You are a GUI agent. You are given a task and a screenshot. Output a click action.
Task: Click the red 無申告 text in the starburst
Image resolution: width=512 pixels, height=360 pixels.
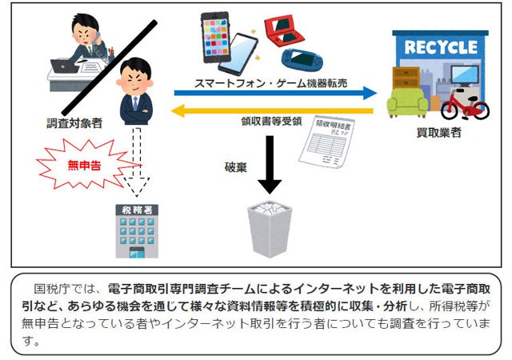pyautogui.click(x=84, y=166)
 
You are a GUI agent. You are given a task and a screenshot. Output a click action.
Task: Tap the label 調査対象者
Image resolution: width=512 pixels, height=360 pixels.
pyautogui.click(x=74, y=123)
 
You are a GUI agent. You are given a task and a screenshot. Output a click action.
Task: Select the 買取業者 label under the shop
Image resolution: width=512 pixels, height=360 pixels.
pyautogui.click(x=439, y=132)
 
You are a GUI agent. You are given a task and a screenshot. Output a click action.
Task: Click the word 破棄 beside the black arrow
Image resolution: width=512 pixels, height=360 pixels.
pyautogui.click(x=236, y=167)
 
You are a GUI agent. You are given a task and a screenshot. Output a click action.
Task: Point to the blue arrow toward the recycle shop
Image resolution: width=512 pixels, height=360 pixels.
pyautogui.click(x=275, y=93)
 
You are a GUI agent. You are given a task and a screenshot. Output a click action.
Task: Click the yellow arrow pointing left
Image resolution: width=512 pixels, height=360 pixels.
pyautogui.click(x=272, y=110)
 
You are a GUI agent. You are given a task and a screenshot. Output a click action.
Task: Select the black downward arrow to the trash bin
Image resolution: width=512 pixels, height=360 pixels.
pyautogui.click(x=270, y=165)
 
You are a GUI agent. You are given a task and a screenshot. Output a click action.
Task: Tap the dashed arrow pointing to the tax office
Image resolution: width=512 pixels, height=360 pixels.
pyautogui.click(x=137, y=162)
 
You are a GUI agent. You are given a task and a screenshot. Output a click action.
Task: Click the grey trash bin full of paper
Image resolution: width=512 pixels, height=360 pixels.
pyautogui.click(x=270, y=228)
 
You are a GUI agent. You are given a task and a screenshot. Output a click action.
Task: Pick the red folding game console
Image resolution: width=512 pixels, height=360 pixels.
pyautogui.click(x=284, y=30)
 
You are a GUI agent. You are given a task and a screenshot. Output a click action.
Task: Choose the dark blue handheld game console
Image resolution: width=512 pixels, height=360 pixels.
pyautogui.click(x=302, y=59)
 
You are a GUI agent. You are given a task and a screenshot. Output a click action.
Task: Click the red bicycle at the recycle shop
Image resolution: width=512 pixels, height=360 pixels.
pyautogui.click(x=465, y=103)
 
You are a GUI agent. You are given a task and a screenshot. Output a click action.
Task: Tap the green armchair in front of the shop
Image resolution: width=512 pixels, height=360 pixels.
pyautogui.click(x=407, y=102)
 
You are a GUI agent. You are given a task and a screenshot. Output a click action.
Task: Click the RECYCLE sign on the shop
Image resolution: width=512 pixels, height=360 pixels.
pyautogui.click(x=441, y=47)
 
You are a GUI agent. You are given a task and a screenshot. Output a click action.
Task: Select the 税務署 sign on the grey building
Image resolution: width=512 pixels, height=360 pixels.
pyautogui.click(x=137, y=210)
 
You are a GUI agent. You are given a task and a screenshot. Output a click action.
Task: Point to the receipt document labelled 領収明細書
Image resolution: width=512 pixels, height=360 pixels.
pyautogui.click(x=327, y=142)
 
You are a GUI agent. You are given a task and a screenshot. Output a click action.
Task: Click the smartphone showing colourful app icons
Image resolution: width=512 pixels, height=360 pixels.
pyautogui.click(x=215, y=38)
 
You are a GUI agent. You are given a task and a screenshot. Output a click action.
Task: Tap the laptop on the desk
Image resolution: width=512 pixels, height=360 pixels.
pyautogui.click(x=64, y=66)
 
